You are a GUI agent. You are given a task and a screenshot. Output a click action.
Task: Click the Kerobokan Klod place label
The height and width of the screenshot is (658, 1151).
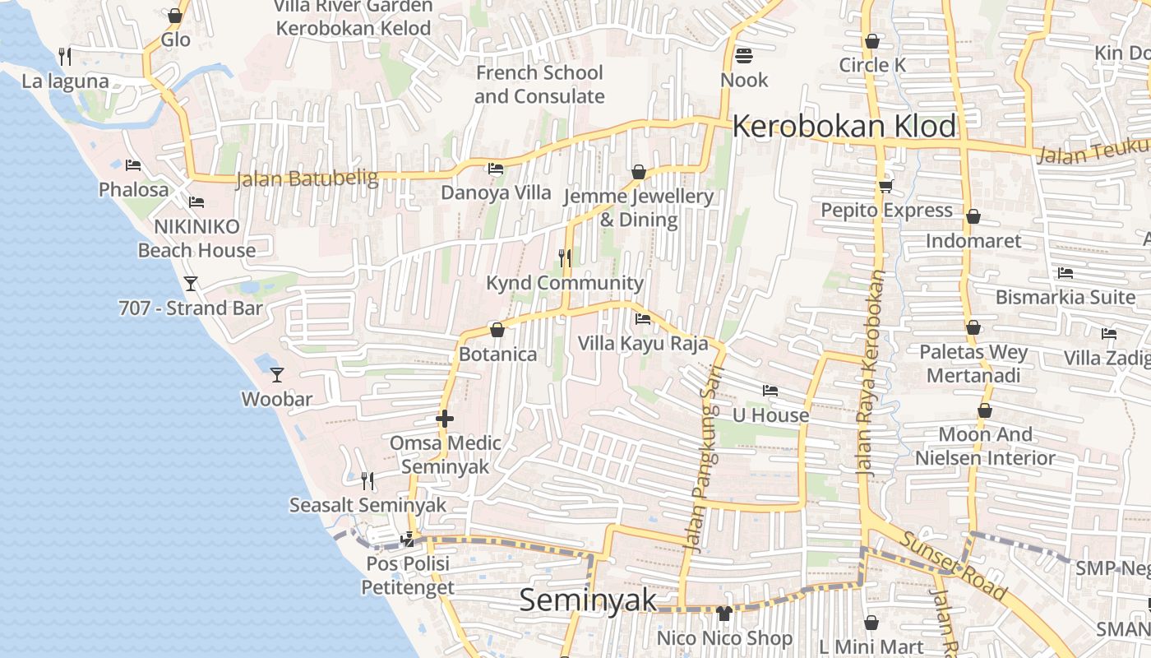click(x=844, y=127)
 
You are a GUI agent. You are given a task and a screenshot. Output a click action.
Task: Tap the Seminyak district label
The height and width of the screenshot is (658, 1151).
click(x=589, y=600)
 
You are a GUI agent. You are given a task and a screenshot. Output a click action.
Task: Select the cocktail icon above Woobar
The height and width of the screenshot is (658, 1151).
click(x=277, y=374)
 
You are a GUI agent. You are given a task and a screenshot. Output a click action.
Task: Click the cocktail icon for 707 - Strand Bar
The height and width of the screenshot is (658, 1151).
click(x=191, y=284)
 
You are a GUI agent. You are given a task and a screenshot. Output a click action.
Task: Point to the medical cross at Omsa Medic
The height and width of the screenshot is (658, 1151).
click(x=445, y=419)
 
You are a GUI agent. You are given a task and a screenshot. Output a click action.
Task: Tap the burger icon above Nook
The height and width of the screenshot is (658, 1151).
click(x=744, y=56)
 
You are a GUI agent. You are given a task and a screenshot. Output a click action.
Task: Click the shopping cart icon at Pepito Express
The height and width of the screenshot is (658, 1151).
click(x=885, y=186)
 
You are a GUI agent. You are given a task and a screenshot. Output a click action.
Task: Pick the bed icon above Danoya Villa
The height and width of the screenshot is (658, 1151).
click(x=496, y=169)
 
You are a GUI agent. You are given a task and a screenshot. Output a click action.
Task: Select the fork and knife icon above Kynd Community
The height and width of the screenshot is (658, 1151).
click(x=565, y=258)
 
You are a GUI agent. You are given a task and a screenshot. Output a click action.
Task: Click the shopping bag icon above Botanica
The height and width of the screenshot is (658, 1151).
click(x=497, y=330)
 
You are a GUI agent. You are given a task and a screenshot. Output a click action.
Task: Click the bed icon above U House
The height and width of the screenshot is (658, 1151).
click(x=770, y=391)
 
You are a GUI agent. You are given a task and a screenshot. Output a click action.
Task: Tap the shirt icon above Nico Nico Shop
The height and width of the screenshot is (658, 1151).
click(x=724, y=613)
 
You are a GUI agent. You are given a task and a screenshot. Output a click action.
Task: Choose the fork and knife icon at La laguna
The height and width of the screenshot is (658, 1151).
click(x=65, y=57)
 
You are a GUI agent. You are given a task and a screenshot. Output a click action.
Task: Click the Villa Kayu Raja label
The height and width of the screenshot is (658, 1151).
click(x=642, y=343)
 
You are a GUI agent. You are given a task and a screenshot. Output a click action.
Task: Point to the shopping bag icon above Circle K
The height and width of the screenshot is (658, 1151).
click(x=872, y=40)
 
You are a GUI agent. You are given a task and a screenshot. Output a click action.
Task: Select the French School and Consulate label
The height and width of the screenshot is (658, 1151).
click(x=539, y=84)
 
